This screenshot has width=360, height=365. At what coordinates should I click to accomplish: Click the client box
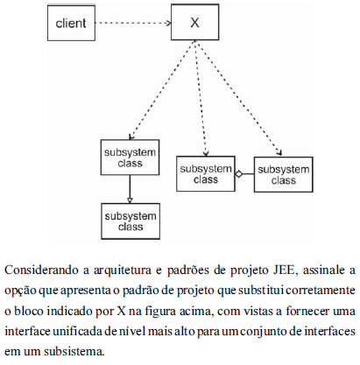[71, 23]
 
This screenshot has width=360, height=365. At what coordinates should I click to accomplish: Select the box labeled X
[194, 22]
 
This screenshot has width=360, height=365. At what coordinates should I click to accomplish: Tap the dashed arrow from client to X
[133, 23]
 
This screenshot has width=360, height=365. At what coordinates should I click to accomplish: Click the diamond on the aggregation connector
[239, 174]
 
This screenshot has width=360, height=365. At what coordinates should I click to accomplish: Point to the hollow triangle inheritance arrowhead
[130, 200]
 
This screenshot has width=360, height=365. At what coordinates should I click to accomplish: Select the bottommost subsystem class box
[131, 221]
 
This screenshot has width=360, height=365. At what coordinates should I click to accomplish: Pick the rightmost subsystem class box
[283, 174]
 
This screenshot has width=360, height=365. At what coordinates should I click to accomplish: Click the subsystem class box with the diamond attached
[206, 174]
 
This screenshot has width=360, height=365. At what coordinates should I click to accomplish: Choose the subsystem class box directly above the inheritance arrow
[130, 158]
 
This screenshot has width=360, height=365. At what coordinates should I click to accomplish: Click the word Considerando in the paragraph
[41, 270]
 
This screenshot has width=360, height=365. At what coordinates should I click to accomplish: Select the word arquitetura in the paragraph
[123, 270]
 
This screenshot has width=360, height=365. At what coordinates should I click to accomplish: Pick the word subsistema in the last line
[74, 351]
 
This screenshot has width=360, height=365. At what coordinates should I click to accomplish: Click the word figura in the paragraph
[159, 312]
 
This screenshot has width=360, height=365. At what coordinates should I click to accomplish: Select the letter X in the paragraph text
[121, 311]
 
